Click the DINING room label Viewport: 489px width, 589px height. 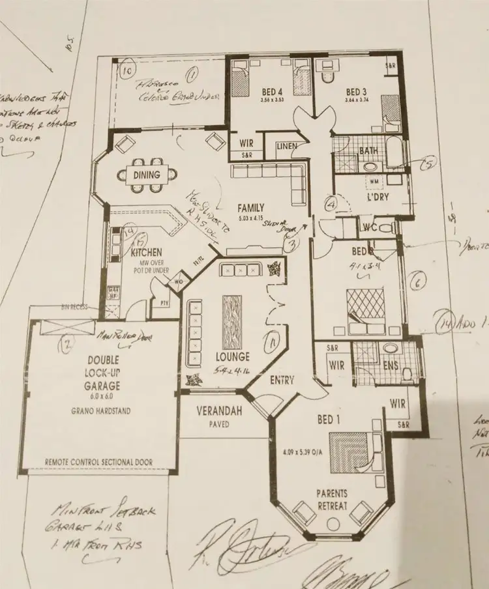pyautogui.click(x=145, y=174)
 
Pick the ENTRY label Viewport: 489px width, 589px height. pyautogui.click(x=282, y=381)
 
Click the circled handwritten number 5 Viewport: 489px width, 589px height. pyautogui.click(x=428, y=164)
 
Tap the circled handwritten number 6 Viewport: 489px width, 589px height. pyautogui.click(x=418, y=281)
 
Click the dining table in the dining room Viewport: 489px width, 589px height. pyautogui.click(x=146, y=174)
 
